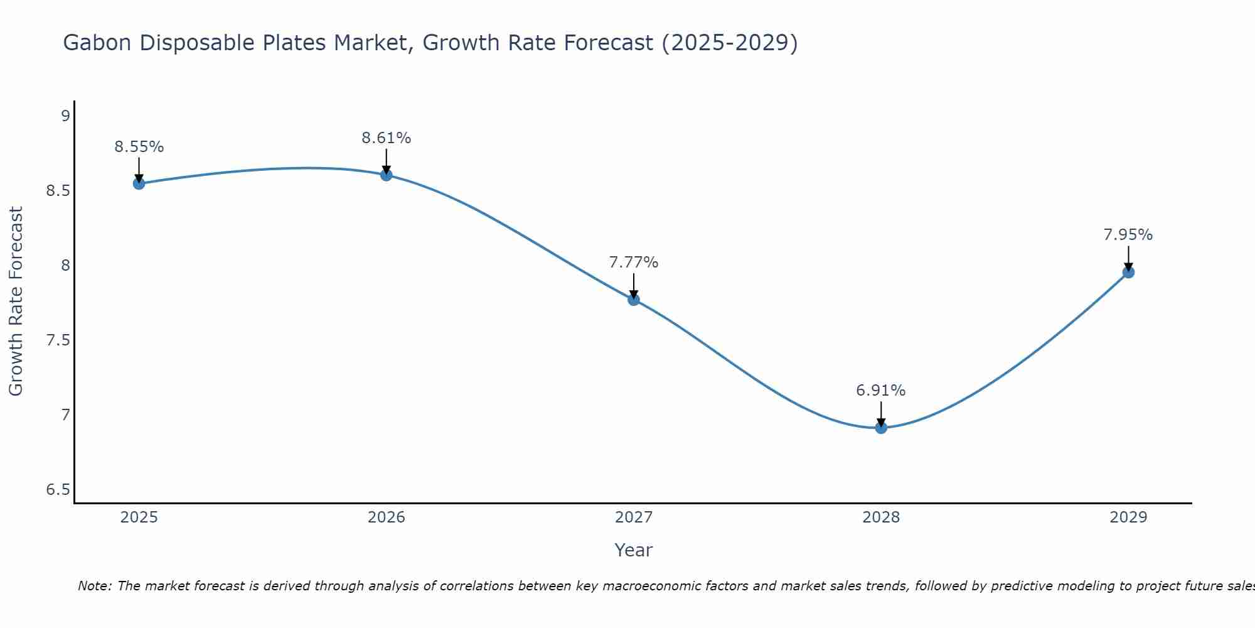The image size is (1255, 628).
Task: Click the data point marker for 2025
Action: tap(139, 183)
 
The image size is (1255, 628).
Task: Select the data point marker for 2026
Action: tap(387, 175)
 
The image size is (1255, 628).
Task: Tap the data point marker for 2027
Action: tap(634, 300)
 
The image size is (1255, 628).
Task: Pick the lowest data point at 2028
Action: tap(881, 428)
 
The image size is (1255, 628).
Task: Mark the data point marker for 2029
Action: tap(1128, 272)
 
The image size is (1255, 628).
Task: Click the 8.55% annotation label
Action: tap(139, 147)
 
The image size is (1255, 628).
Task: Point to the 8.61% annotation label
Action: tap(387, 138)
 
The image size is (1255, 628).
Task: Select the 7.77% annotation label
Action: tap(634, 263)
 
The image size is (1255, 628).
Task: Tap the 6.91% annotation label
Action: tap(881, 391)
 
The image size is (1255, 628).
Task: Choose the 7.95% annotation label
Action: tap(1128, 235)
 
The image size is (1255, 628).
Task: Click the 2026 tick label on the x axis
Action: tap(387, 517)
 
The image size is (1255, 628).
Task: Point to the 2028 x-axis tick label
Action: tap(881, 517)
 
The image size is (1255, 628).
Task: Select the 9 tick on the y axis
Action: tap(65, 116)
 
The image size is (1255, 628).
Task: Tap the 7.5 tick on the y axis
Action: tap(58, 340)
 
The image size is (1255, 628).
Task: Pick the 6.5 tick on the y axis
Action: tap(58, 490)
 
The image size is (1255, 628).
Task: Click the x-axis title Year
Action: tap(634, 550)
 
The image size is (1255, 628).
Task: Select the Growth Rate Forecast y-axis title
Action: tap(16, 301)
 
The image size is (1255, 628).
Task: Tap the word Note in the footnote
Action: tap(94, 586)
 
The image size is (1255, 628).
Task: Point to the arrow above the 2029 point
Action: tap(1128, 258)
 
